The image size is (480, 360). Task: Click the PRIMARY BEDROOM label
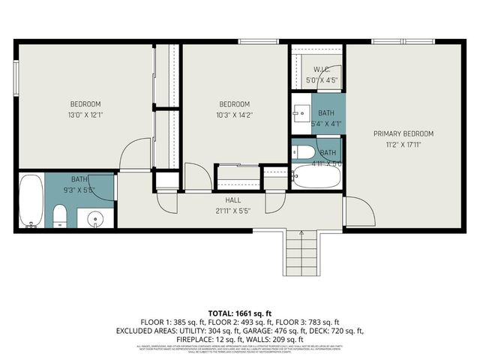pyautogui.click(x=403, y=133)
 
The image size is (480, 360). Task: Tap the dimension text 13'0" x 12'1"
pyautogui.click(x=85, y=115)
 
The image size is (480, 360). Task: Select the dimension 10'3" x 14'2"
pyautogui.click(x=234, y=115)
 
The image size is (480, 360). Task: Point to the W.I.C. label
pyautogui.click(x=322, y=69)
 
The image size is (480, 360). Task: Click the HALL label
pyautogui.click(x=232, y=200)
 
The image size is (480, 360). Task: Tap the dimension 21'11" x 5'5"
pyautogui.click(x=232, y=211)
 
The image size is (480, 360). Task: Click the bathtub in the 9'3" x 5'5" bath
pyautogui.click(x=31, y=200)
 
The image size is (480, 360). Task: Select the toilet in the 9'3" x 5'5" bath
pyautogui.click(x=59, y=217)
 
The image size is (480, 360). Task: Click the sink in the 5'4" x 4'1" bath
pyautogui.click(x=301, y=113)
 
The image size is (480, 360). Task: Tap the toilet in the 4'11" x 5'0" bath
pyautogui.click(x=304, y=152)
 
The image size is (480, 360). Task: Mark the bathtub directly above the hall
pyautogui.click(x=316, y=176)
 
